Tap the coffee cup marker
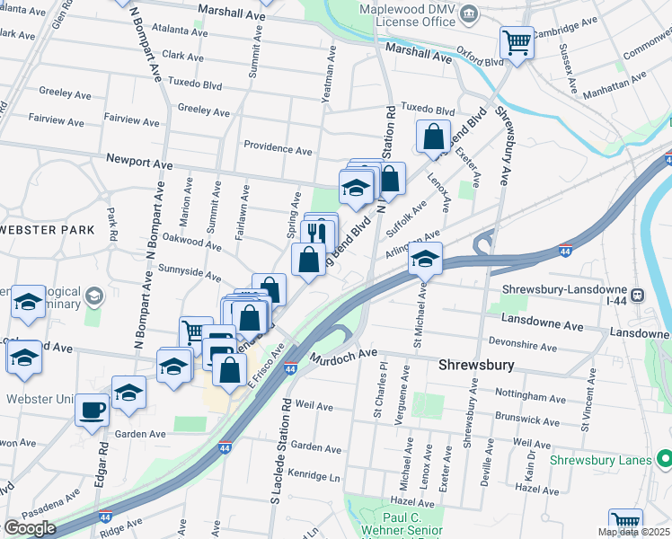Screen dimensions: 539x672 92,410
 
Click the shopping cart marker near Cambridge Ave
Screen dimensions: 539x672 517,41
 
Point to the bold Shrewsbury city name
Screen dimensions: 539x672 474,367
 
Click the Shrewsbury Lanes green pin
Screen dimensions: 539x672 665,459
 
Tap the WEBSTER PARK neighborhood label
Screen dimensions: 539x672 48,230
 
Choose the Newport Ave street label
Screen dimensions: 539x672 138,164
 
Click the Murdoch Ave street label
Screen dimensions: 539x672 344,356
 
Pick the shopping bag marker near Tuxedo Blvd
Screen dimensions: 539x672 434,137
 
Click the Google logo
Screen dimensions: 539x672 29,528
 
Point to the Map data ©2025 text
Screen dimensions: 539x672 633,532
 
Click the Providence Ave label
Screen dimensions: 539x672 278,146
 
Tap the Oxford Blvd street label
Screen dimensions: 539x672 481,62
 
